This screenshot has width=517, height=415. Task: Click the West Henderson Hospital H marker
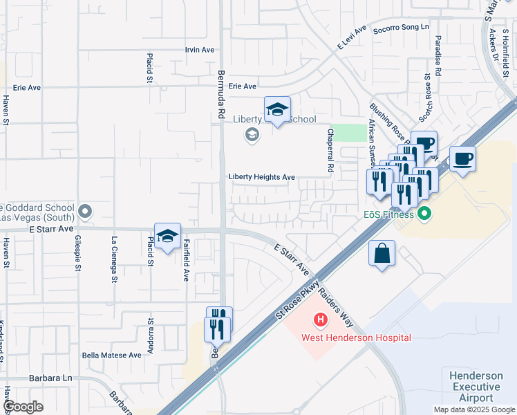pos(321,320)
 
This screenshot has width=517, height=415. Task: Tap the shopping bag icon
pos(382,254)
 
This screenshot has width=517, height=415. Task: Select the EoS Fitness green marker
pos(424,214)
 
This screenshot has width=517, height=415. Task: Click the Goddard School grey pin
pos(85,210)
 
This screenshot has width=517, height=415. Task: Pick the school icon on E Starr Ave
pos(167,237)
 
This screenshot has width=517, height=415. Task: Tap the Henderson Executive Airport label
pos(476,387)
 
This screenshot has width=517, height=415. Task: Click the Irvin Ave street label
pos(200,50)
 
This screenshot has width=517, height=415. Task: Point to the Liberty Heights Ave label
pos(262,177)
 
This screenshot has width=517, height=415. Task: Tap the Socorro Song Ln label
pos(401,27)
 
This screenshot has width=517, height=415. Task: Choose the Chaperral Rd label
pos(330,150)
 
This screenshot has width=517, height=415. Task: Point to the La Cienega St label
pos(113,252)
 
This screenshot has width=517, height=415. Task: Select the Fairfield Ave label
pos(186,259)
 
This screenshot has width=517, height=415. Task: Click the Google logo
pos(23,407)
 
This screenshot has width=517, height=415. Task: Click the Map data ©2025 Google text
pos(473,409)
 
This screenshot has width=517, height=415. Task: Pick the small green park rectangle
pos(353,133)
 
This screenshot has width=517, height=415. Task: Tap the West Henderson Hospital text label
pos(356,338)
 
